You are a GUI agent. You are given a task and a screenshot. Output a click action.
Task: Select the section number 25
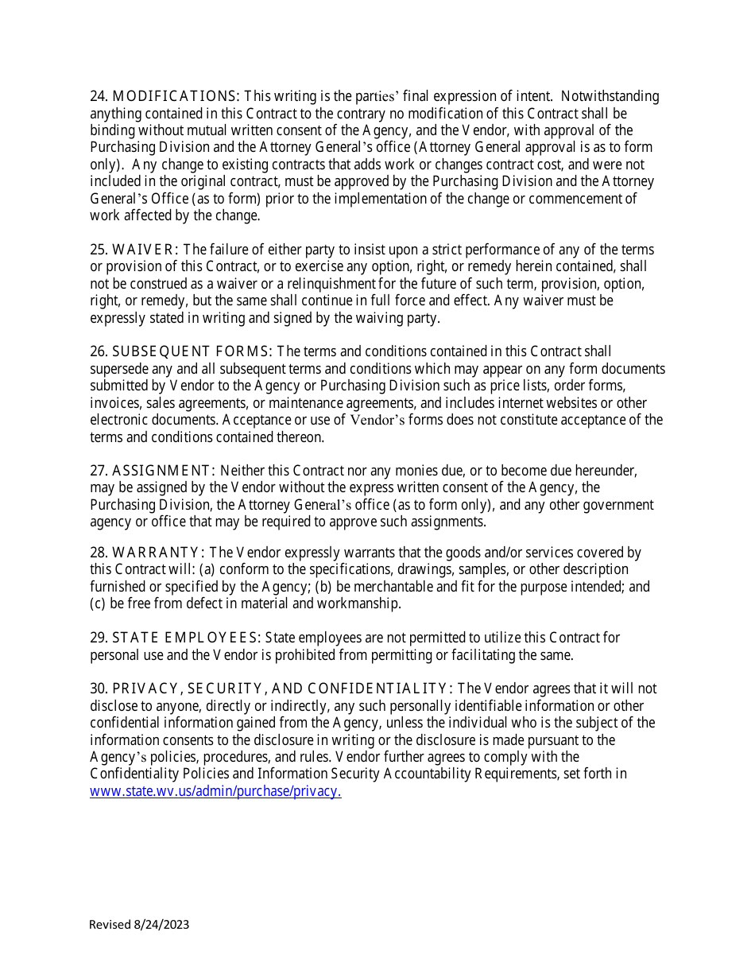point(99,250)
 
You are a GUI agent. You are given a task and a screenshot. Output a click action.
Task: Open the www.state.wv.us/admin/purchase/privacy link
point(215,791)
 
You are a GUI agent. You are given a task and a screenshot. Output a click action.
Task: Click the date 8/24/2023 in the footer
point(162,924)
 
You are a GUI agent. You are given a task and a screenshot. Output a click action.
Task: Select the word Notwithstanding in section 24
point(610,96)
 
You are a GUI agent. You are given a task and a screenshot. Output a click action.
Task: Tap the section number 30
point(99,689)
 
